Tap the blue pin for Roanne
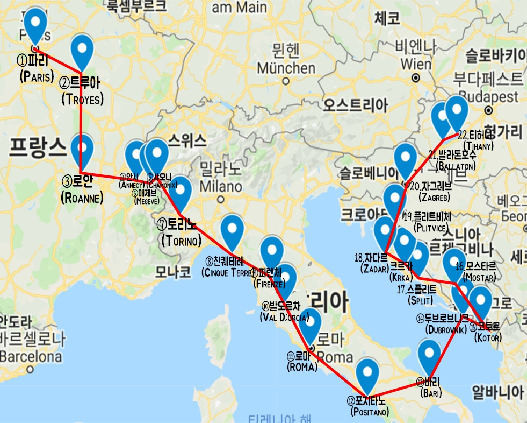(x=82, y=147)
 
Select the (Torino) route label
(x=181, y=241)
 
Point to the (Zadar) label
(x=374, y=269)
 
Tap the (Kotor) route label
(x=488, y=338)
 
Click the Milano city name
(x=220, y=187)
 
